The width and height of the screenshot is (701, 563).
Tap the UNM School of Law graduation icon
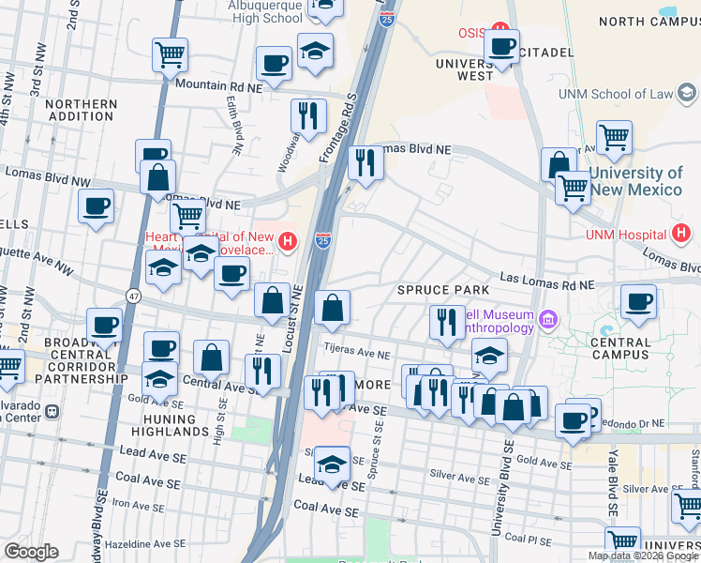click(x=689, y=93)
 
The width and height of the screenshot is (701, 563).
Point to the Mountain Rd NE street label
click(x=216, y=85)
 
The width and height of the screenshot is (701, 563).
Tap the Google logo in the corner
click(x=31, y=551)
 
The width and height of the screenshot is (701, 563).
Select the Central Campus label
click(x=619, y=348)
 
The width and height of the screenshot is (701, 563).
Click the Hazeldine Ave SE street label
click(x=93, y=544)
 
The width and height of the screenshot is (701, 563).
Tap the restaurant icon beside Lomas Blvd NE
click(x=365, y=163)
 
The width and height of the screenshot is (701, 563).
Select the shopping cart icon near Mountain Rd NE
click(x=170, y=55)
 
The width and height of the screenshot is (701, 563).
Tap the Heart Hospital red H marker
click(x=290, y=241)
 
